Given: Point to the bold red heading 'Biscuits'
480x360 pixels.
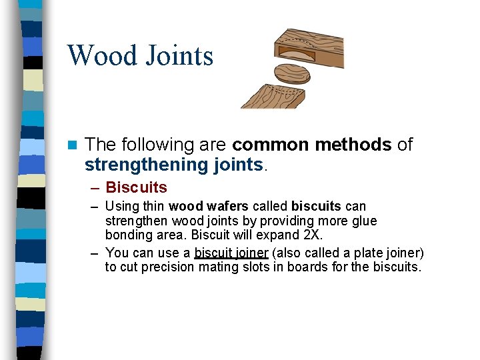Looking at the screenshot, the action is point(136,187).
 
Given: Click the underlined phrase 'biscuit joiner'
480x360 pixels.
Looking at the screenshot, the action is point(231,253).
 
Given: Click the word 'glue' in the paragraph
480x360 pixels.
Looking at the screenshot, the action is point(363,221).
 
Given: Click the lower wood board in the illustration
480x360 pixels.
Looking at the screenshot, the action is point(273,96).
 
